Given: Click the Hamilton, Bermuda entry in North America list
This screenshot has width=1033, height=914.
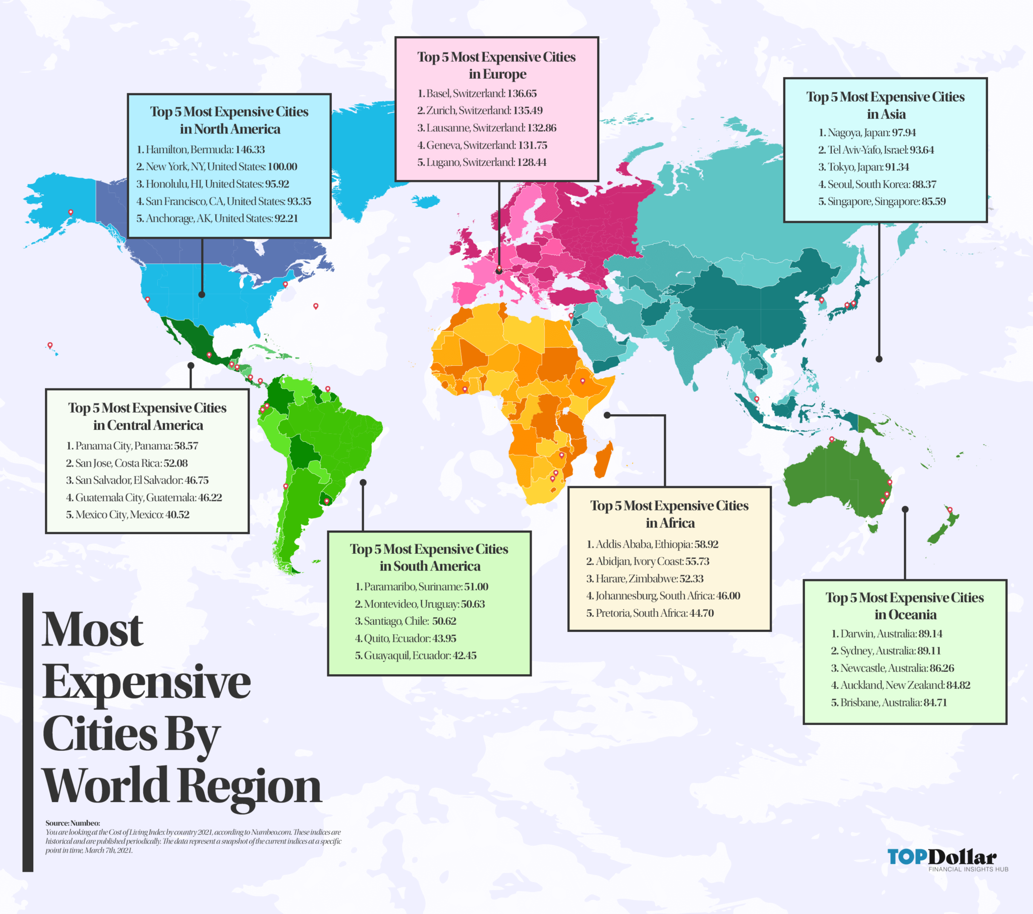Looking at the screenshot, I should pos(201,150).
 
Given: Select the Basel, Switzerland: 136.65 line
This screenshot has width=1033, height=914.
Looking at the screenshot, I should pos(477,93).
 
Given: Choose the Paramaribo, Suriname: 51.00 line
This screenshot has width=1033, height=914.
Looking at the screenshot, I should pos(422,587).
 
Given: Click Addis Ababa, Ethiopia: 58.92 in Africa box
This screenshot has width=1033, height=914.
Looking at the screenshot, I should pos(652,544).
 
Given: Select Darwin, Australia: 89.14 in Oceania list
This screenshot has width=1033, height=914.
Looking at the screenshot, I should pos(887,634).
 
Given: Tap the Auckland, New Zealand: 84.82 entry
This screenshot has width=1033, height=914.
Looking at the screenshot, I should pos(900,685).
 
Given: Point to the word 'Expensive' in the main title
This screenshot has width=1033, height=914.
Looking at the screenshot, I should pos(147,682).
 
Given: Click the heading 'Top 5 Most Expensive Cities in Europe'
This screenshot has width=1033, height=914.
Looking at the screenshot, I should pos(497,66).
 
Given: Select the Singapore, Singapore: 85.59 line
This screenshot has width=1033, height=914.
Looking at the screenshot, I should pos(882,202).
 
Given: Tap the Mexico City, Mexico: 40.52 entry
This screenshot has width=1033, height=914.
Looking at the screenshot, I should pos(127,514).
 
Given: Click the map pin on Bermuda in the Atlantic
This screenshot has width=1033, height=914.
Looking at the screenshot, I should pos(316,306).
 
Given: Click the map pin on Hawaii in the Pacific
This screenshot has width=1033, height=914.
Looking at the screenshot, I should pos(50,345).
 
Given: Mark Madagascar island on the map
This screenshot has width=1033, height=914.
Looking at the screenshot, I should pos(603,460).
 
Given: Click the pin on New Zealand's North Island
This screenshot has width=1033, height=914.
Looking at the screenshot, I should pos(950,510).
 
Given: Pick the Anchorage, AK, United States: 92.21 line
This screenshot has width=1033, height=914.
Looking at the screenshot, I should pos(217,219).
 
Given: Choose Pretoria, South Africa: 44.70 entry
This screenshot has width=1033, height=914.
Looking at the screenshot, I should pos(650,613).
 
